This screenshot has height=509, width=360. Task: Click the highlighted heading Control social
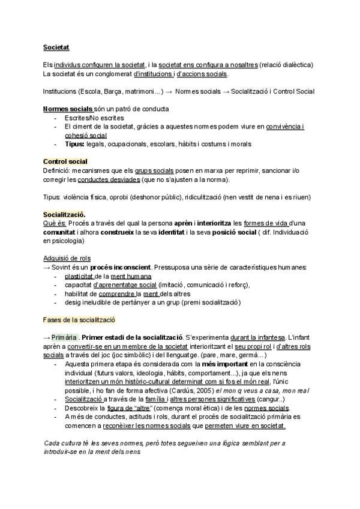coord(65,162)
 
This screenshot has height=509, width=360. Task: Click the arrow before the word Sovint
coord(47,267)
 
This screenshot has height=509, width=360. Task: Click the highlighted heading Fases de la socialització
coord(79,321)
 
